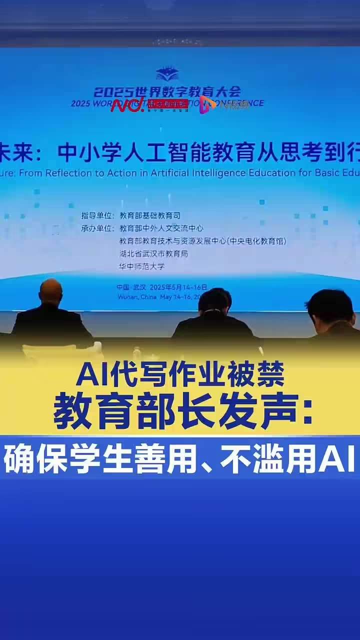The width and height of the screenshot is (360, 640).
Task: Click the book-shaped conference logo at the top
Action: (167, 74)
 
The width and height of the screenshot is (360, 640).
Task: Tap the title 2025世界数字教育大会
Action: (167, 91)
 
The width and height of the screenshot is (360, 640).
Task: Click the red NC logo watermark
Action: (127, 104)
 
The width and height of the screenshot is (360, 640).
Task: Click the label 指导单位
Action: (97, 215)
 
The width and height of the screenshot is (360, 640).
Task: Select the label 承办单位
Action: (97, 228)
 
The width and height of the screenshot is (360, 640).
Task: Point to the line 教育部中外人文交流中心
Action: (161, 228)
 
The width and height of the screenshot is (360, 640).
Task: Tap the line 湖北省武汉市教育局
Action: (153, 253)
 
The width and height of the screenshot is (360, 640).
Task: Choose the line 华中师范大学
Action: (141, 266)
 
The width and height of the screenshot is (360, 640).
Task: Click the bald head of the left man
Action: (50, 292)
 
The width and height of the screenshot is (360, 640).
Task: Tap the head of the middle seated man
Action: (214, 301)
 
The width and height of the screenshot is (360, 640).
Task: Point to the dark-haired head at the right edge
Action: (329, 306)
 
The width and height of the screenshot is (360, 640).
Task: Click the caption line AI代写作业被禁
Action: (180, 374)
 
